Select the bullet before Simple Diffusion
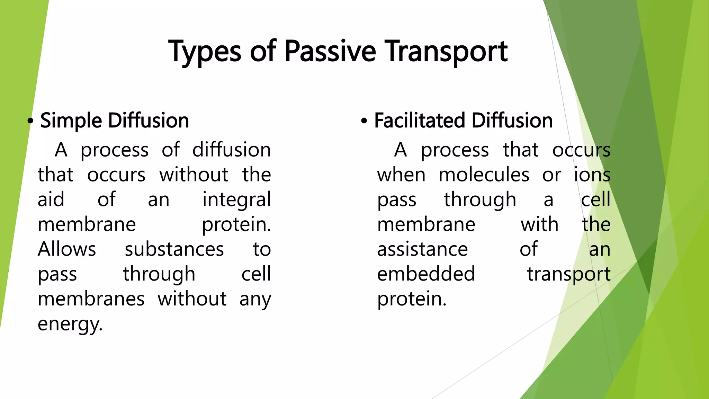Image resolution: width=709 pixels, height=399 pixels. coord(30,121)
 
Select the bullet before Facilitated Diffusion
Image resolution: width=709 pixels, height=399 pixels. coord(364,121)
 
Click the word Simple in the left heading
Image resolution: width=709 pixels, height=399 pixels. coord(71,121)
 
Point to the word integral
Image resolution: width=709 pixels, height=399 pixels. coord(236,200)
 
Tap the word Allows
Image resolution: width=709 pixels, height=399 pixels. coord(66,249)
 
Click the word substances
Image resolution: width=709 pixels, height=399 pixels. coord(174,249)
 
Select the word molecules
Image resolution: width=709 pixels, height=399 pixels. coord(484,175)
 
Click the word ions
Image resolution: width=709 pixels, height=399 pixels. coord(592,175)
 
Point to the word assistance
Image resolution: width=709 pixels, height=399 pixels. coord(422,249)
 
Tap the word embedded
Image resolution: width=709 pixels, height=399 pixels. coord(426,274)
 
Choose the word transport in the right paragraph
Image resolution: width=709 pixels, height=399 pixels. coord(568,274)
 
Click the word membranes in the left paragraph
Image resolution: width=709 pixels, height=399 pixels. coord(91,299)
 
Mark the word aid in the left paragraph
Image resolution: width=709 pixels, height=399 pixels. coord(51,200)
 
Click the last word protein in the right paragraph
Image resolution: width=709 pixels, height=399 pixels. coord(411,299)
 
